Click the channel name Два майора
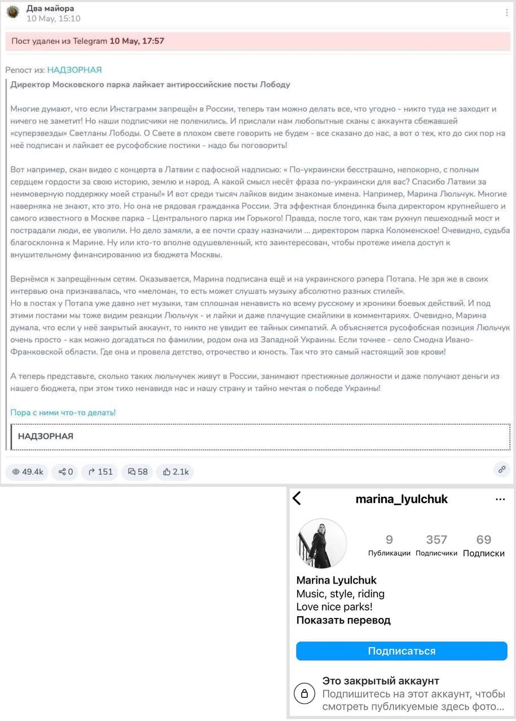tap(50, 8)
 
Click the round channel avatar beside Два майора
tap(13, 12)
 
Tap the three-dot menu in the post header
tap(506, 12)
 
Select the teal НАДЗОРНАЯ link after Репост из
tap(74, 70)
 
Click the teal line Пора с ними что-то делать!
tap(63, 412)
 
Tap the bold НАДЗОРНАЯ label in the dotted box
tap(46, 436)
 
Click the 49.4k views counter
tap(28, 471)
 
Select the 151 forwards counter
tap(100, 471)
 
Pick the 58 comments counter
tap(138, 471)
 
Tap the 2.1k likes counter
tap(175, 471)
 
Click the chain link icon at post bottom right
tap(501, 469)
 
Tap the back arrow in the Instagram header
tap(297, 499)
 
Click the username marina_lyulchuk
tap(402, 499)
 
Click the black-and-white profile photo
tap(321, 544)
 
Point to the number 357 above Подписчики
tap(436, 540)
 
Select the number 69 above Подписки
tap(483, 540)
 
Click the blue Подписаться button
tap(402, 651)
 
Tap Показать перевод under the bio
tap(343, 620)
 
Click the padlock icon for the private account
tap(305, 693)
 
